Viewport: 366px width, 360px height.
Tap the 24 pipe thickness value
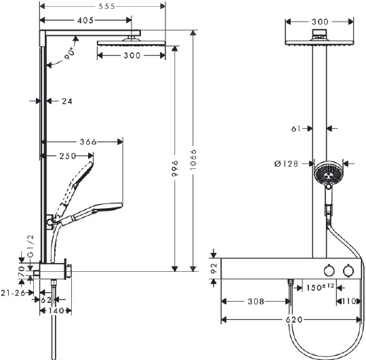66,101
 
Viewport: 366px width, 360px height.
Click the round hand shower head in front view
327,174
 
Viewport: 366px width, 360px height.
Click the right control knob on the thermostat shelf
348,271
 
